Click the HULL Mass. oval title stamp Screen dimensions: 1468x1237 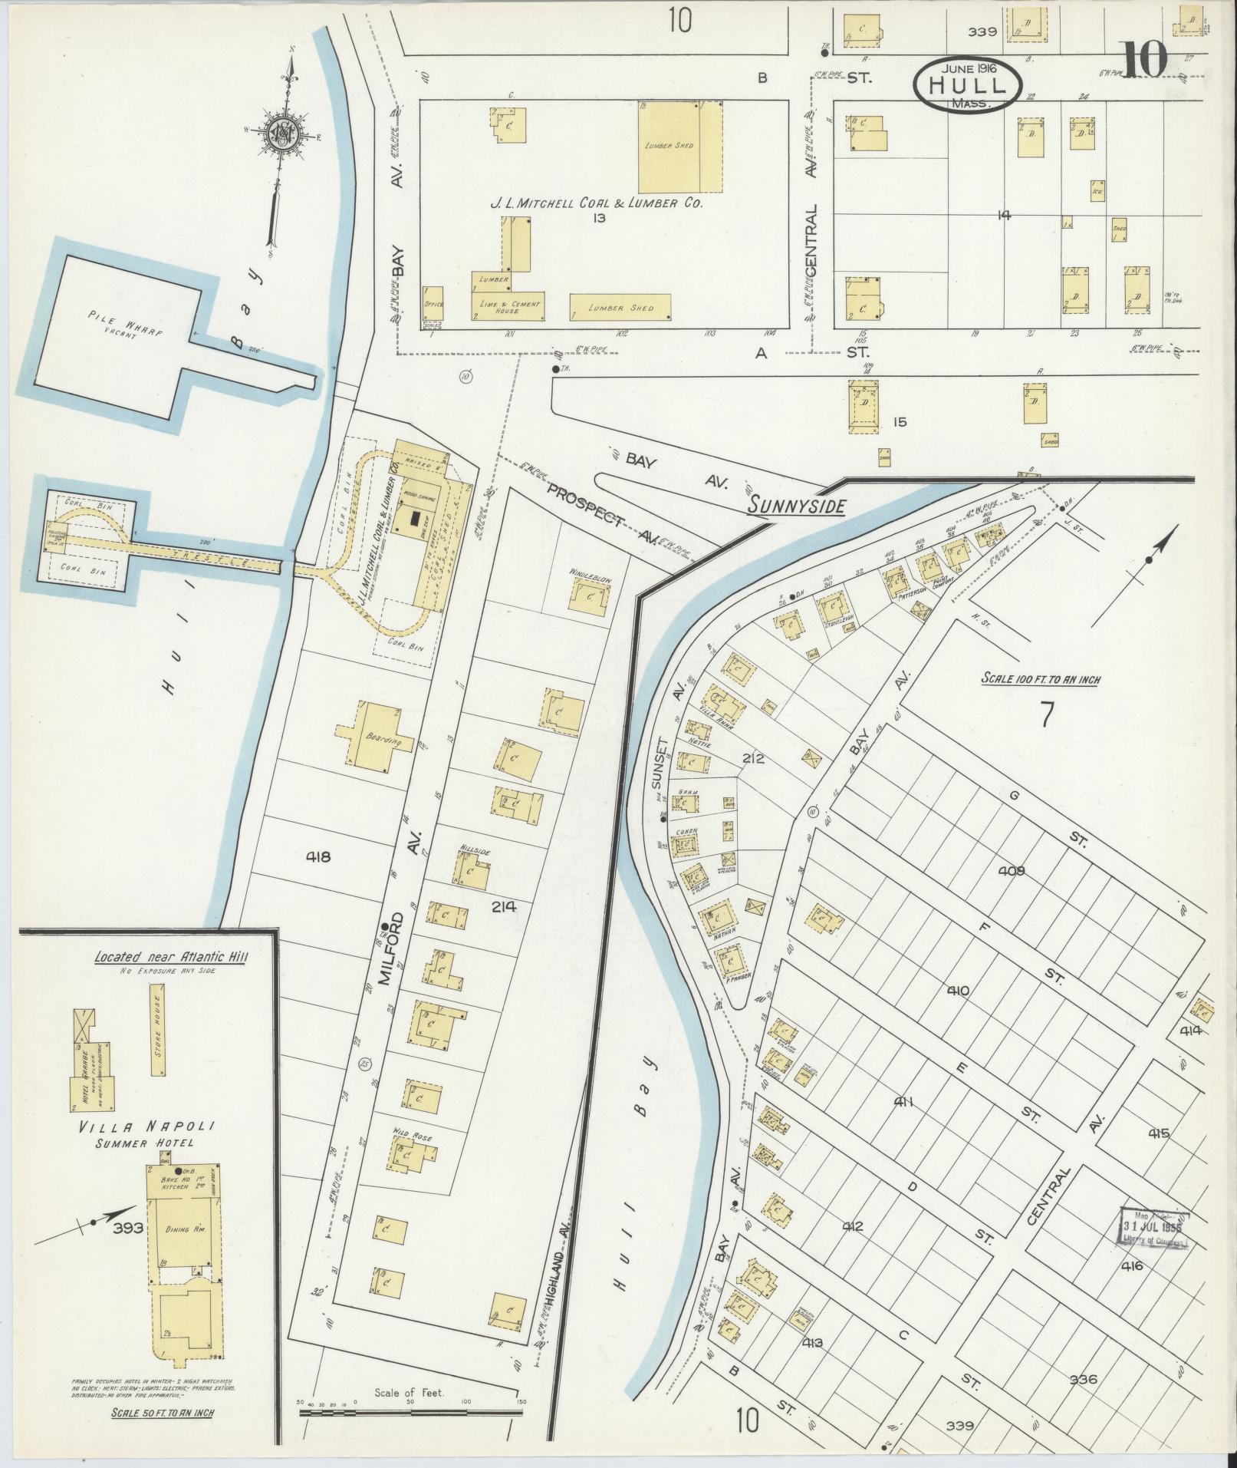(967, 85)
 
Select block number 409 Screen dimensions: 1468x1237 (1013, 871)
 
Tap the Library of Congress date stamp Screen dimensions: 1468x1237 (1154, 1244)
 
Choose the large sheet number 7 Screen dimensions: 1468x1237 (1045, 713)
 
